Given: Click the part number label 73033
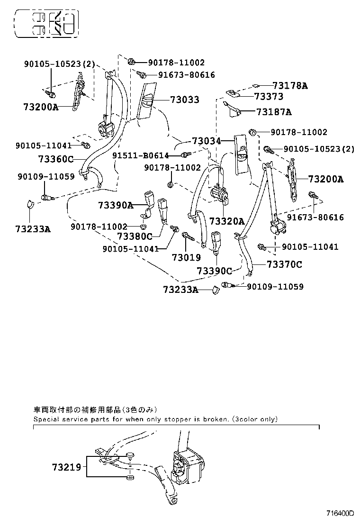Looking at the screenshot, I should tap(184, 100).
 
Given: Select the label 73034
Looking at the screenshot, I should tap(206, 141).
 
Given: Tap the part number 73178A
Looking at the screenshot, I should tap(290, 86).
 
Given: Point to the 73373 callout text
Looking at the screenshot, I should tap(269, 97).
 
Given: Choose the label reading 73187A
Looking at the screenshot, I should tap(274, 112).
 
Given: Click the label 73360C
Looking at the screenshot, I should tap(56, 159).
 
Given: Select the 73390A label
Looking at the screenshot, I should tap(116, 205).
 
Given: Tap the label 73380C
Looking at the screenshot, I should tap(135, 236).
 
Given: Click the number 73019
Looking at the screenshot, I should tap(186, 257).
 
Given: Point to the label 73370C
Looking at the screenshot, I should tap(284, 264).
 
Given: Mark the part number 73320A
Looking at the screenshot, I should tap(227, 221).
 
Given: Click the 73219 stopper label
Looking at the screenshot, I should tap(67, 467).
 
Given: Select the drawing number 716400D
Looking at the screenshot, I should tap(340, 513).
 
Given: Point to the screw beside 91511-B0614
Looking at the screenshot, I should tap(186, 154).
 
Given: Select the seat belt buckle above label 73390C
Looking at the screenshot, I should tap(217, 242).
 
